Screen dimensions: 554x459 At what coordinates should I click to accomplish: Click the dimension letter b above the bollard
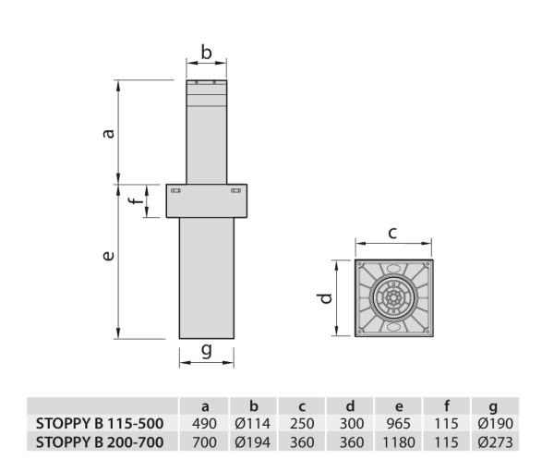coord(206,53)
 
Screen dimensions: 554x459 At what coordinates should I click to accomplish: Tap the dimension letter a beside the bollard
coord(109,133)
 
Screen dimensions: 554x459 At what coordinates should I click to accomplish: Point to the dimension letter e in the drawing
coord(108,255)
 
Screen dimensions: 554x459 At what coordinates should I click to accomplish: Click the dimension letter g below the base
coord(206,351)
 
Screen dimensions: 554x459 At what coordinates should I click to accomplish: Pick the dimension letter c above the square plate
coord(392,234)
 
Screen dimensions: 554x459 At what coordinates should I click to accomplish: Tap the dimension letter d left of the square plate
coord(325,298)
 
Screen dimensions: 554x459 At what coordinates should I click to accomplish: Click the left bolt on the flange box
coord(175,191)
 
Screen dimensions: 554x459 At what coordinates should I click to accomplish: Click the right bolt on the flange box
coord(236,191)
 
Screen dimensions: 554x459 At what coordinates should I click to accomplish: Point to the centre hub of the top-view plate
coord(393,298)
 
